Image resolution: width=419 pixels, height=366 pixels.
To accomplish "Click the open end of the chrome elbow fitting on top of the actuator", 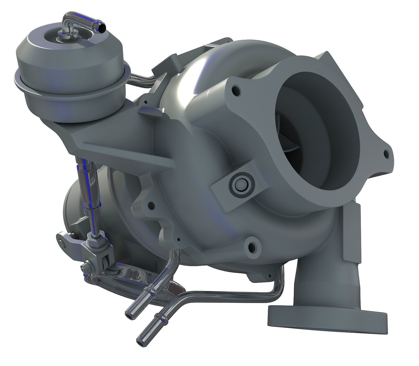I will (103, 27).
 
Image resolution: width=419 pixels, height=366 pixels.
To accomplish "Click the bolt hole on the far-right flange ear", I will (386, 154).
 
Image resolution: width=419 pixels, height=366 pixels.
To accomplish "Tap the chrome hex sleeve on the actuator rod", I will (89, 183).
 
